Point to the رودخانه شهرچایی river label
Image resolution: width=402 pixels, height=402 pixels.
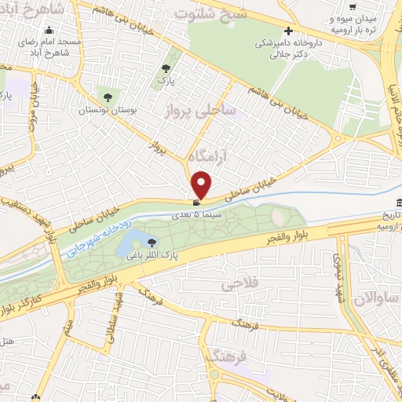[x=91, y=232]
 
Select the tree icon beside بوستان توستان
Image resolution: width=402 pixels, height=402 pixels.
[x=107, y=98]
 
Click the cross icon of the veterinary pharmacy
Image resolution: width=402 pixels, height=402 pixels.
[x=288, y=32]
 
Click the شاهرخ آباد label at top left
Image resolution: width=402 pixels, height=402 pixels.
[x=36, y=11]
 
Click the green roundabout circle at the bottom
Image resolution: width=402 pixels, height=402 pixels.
[x=214, y=375]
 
